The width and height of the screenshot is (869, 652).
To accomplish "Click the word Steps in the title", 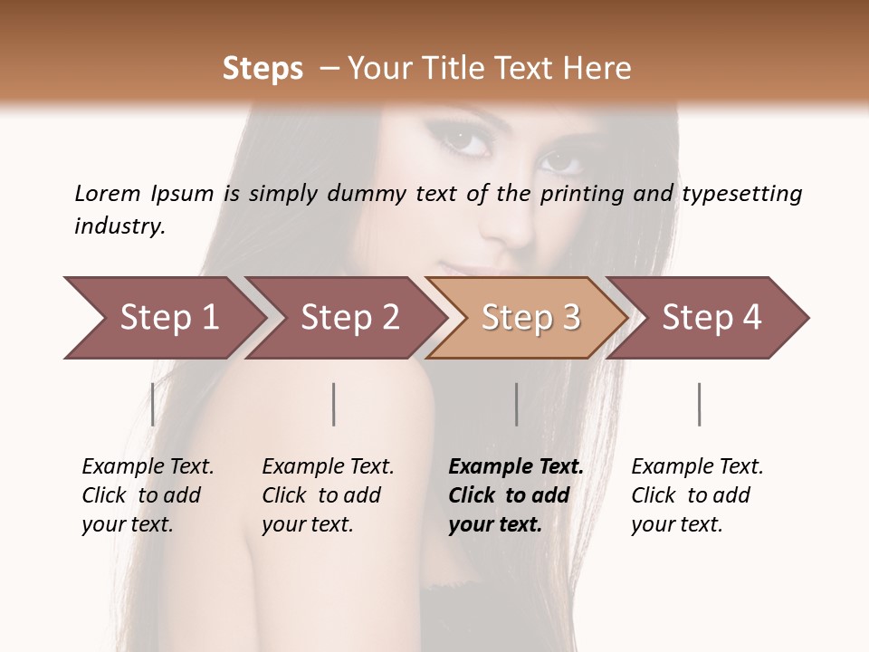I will tap(263, 69).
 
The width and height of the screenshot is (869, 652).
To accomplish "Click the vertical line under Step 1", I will tap(152, 404).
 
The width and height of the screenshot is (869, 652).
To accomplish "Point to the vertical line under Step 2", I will tap(334, 404).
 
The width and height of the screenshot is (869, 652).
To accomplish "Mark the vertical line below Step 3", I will tap(516, 404).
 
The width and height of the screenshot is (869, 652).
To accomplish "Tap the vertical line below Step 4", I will tap(699, 404).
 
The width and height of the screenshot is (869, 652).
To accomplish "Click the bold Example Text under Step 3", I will tap(516, 495).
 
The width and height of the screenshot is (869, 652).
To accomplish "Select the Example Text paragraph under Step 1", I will tap(148, 495).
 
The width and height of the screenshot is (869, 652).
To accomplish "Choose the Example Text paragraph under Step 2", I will tap(328, 495).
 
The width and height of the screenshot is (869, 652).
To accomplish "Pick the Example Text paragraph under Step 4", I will tap(697, 495).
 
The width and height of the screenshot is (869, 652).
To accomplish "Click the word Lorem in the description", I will tap(107, 194).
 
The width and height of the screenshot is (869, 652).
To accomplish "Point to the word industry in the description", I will tap(118, 225).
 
